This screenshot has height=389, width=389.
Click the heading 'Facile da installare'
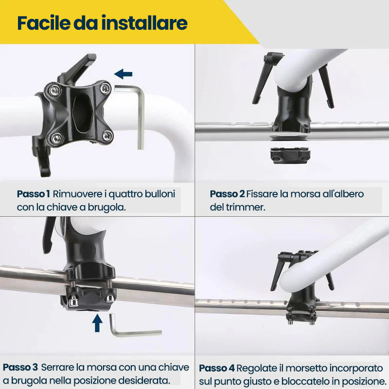pyautogui.click(x=102, y=23)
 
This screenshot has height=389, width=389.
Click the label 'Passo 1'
pyautogui.click(x=33, y=194)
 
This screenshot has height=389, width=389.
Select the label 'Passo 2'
pyautogui.click(x=227, y=194)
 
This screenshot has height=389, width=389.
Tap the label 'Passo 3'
pyautogui.click(x=20, y=367)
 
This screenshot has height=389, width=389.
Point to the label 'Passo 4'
pyautogui.click(x=217, y=368)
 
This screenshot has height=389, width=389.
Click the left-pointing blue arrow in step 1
pyautogui.click(x=124, y=74)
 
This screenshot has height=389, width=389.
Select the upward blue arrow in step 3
pyautogui.click(x=97, y=323)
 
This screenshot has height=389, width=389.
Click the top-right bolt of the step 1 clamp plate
pyautogui.click(x=105, y=88)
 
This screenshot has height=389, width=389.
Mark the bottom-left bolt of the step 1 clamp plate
pyautogui.click(x=57, y=139)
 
